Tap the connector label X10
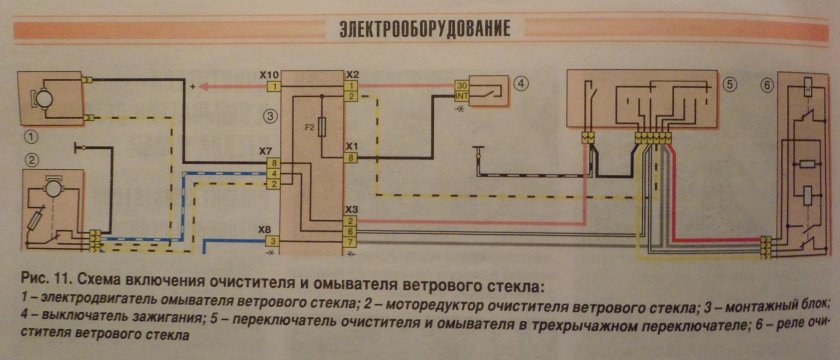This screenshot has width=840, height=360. pyautogui.click(x=268, y=75)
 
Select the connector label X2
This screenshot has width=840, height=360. pyautogui.click(x=352, y=75)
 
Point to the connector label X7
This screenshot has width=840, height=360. pyautogui.click(x=266, y=151)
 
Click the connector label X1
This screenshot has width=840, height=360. pyautogui.click(x=352, y=145)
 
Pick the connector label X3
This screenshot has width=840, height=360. pyautogui.click(x=352, y=209)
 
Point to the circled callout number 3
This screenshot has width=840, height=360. pyautogui.click(x=270, y=117)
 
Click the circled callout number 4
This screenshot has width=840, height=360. pyautogui.click(x=521, y=84)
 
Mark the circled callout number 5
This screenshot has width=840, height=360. pyautogui.click(x=731, y=85)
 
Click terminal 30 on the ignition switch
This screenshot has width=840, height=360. pyautogui.click(x=461, y=86)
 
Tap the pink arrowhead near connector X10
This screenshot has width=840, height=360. pyautogui.click(x=202, y=87)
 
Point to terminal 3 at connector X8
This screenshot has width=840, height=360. pyautogui.click(x=272, y=241)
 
